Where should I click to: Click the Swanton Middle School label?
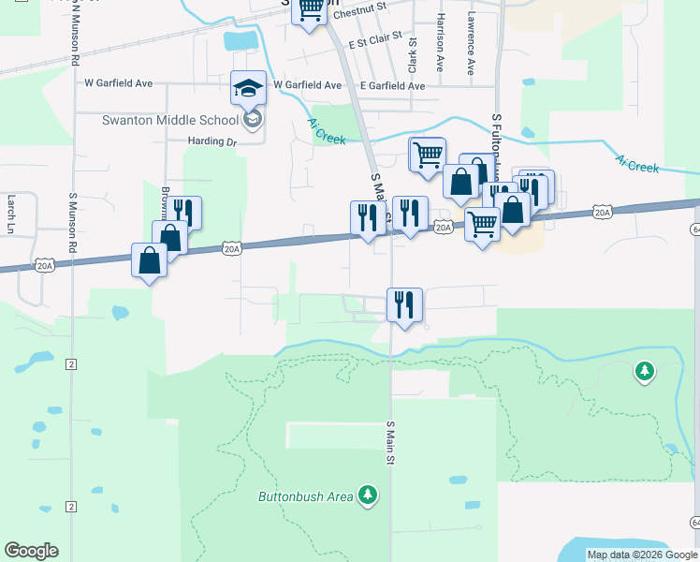170,120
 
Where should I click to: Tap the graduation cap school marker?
249,88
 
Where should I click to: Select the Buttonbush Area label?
306,495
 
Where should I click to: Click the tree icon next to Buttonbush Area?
369,494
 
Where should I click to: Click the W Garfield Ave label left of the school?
118,83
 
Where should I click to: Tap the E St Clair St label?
374,43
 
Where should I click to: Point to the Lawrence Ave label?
471,43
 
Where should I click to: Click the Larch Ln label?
11,214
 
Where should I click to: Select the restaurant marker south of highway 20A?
404,304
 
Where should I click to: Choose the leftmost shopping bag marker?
150,259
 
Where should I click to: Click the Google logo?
31,551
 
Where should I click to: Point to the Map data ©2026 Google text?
641,555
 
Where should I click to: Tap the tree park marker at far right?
644,372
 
